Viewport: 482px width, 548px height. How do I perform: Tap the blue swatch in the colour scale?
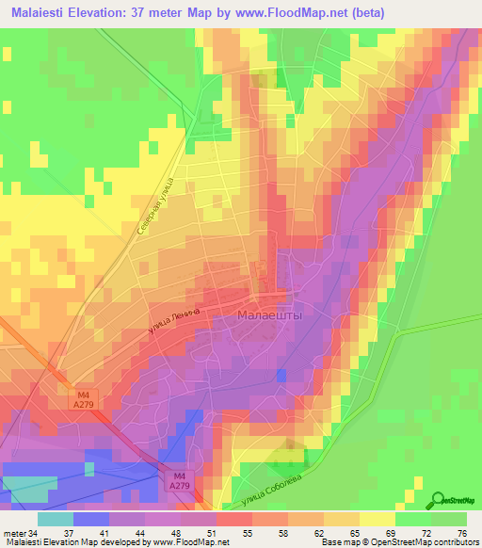(x=91, y=519)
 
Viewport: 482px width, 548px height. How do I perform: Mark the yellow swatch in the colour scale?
(x=377, y=519)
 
